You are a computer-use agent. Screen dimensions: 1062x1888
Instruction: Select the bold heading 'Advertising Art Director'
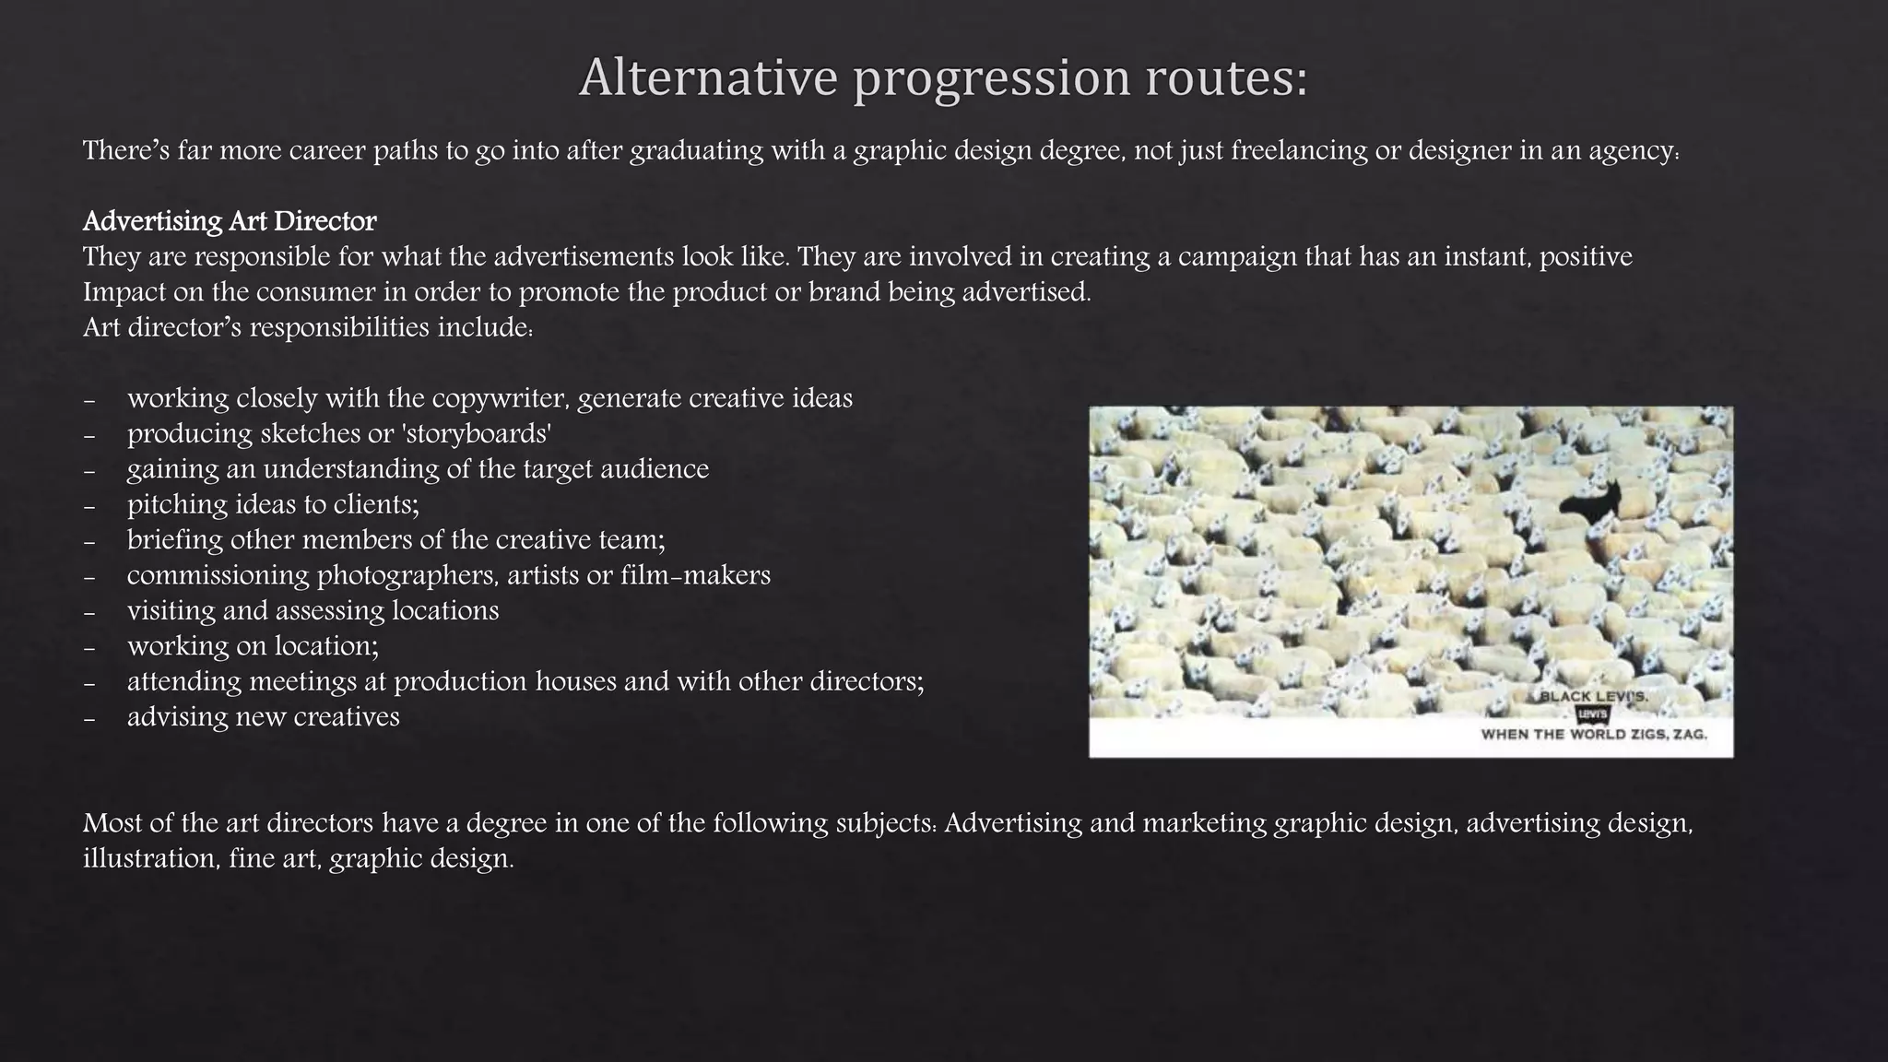point(230,221)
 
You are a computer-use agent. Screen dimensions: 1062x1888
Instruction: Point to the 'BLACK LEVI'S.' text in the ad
point(1594,697)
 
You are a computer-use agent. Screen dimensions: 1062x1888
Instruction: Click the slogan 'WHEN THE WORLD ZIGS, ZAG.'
point(1594,735)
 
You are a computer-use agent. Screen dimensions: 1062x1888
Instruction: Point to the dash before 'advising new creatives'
point(89,718)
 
